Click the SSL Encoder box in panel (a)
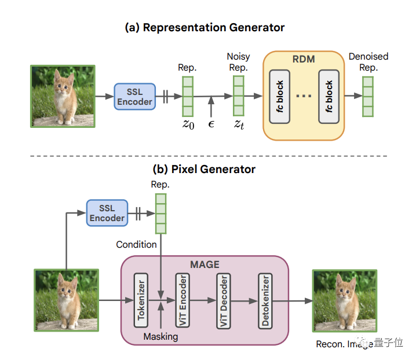[134, 95]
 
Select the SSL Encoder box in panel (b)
[107, 212]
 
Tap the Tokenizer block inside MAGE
[140, 300]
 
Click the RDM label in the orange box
[304, 59]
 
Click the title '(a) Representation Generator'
[205, 27]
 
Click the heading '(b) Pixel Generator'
[205, 170]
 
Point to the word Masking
[161, 336]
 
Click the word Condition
[137, 244]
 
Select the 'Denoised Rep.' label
[368, 62]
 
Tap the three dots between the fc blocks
[304, 95]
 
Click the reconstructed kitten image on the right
[344, 300]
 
